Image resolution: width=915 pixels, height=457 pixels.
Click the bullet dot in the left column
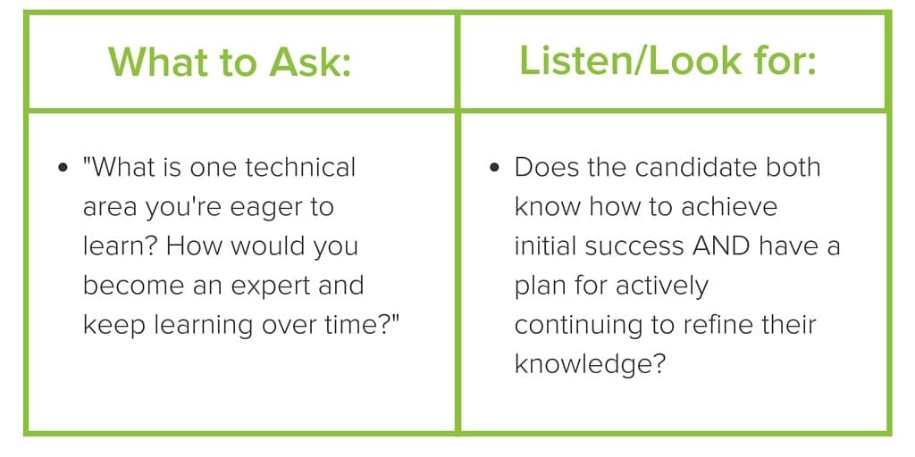coord(62,168)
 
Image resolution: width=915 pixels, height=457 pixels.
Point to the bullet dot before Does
coord(494,168)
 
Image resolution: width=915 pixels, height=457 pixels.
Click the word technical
coord(300,167)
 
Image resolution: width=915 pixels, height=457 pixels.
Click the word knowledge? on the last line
coord(590,364)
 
